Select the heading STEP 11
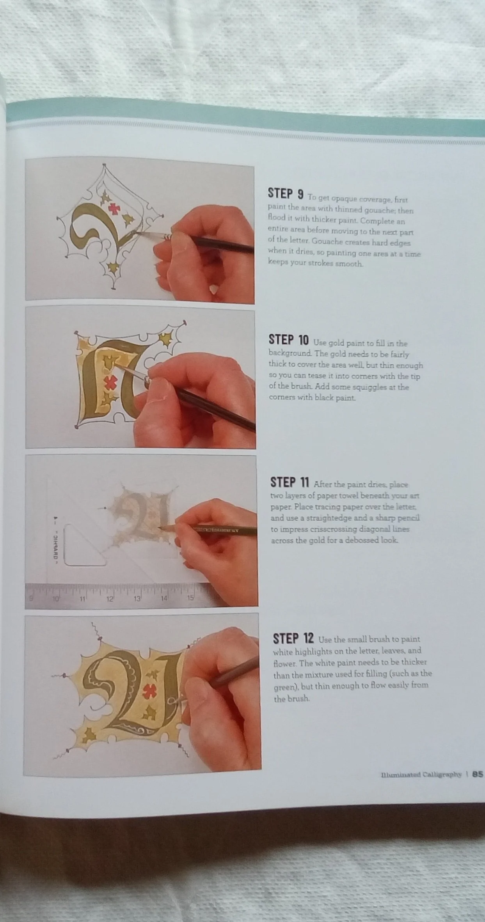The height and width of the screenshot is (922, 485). point(290,482)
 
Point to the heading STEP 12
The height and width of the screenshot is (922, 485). point(293,638)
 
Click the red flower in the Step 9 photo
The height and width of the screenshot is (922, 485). point(114,209)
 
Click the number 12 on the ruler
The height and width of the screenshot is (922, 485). point(110,599)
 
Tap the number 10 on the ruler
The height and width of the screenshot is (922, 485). point(56,599)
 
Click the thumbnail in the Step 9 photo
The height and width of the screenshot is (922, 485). point(214,290)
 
